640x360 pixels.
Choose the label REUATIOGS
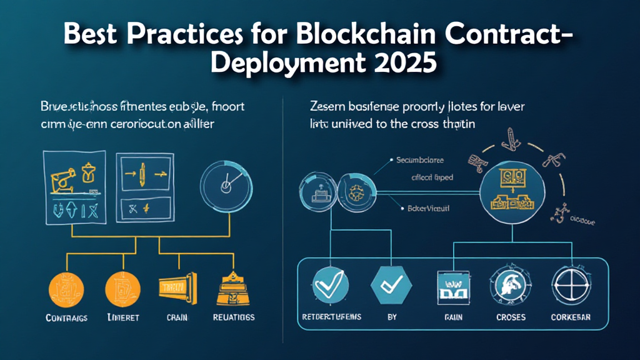234,317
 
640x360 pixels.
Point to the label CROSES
511,317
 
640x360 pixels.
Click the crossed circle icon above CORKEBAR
569,285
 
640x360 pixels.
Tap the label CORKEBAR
570,317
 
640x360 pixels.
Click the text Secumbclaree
423,160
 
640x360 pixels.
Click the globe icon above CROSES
511,285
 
